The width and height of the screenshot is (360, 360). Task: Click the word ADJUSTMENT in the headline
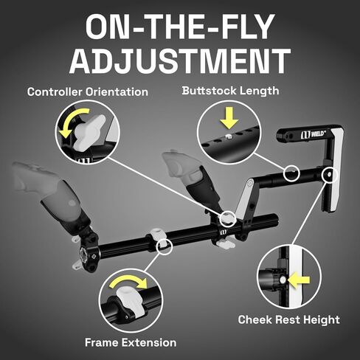[180, 61]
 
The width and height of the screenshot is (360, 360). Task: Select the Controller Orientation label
[88, 92]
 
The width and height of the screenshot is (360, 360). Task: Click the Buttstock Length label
[230, 91]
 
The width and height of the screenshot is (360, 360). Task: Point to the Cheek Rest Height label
[288, 319]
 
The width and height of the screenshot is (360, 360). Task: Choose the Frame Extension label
[131, 342]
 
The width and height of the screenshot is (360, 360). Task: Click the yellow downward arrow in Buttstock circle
[229, 117]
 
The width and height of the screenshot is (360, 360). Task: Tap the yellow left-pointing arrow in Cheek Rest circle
[299, 280]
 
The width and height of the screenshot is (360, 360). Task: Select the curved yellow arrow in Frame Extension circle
[129, 280]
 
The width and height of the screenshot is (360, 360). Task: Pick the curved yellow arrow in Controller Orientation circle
[72, 120]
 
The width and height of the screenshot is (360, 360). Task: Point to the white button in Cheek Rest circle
[283, 280]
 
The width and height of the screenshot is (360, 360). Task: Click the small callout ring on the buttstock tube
[291, 173]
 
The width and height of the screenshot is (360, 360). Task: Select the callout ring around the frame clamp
[165, 246]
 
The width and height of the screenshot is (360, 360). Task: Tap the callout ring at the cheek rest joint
[330, 174]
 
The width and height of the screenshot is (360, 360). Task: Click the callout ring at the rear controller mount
[228, 218]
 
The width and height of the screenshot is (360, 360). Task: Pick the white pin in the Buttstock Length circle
[229, 136]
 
